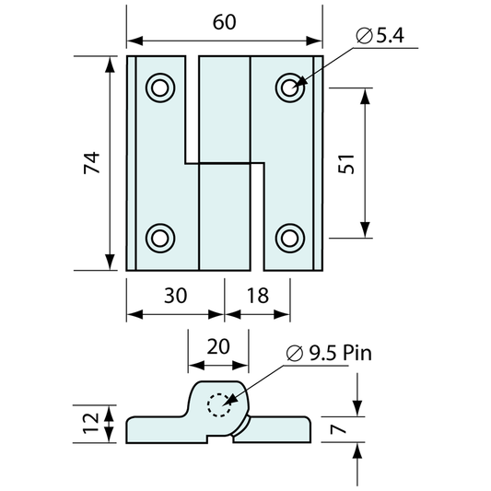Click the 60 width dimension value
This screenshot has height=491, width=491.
tap(225, 22)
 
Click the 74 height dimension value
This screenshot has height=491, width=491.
tap(90, 163)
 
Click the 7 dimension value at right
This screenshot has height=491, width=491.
tap(337, 427)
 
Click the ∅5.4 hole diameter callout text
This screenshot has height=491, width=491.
tap(380, 36)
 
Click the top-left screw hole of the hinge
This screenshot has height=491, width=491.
tap(159, 88)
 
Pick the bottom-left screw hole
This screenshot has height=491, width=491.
tap(159, 237)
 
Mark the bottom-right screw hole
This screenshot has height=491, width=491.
tap(290, 237)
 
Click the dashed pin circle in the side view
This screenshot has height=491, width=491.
tap(220, 404)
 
